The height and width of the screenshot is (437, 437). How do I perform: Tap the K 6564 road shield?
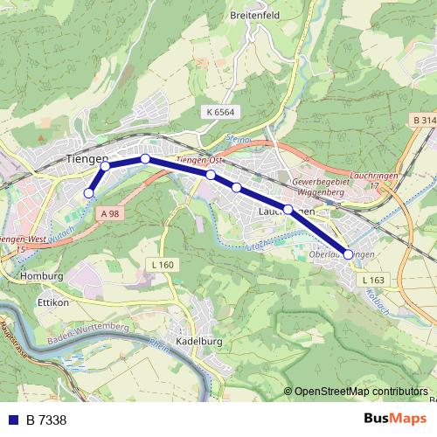click(x=222, y=112)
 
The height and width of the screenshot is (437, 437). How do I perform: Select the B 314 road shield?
click(x=422, y=119)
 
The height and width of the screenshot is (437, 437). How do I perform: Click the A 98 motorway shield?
click(x=109, y=213)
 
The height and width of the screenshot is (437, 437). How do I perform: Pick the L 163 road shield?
click(x=372, y=280)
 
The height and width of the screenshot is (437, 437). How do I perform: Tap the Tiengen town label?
click(x=87, y=158)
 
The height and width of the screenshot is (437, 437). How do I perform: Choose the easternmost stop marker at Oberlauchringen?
click(x=349, y=254)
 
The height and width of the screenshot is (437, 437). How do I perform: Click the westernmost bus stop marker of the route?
click(x=88, y=193)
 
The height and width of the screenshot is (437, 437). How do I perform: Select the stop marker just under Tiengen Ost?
click(x=211, y=175)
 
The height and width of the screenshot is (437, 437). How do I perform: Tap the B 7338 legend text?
click(x=46, y=420)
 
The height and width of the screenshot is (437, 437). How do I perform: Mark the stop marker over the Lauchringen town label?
click(x=288, y=209)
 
